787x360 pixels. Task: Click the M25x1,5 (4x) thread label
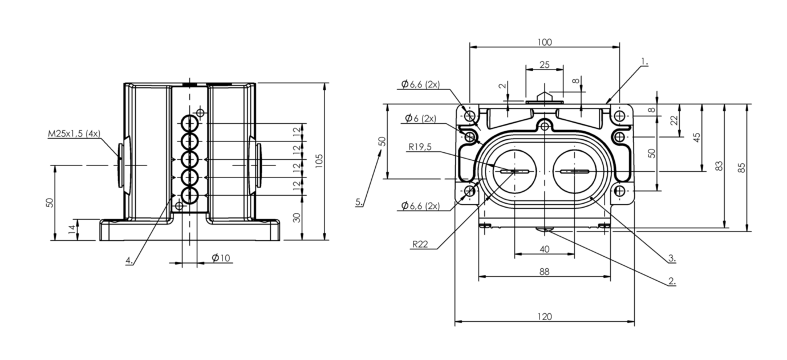click(x=74, y=134)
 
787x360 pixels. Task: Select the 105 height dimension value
click(x=319, y=161)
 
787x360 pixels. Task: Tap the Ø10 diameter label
click(x=221, y=258)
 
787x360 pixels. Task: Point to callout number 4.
click(x=129, y=261)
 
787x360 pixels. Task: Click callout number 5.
click(x=359, y=202)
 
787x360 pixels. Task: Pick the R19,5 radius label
click(x=420, y=147)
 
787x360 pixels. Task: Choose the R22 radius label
click(x=420, y=244)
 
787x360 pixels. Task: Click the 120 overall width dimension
click(x=545, y=317)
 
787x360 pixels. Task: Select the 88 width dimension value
click(x=544, y=272)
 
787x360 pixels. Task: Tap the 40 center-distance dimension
click(x=544, y=249)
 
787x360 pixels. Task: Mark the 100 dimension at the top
click(x=545, y=42)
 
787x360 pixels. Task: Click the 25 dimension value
click(x=544, y=64)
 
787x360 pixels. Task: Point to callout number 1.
click(x=644, y=62)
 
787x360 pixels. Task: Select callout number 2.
click(x=672, y=281)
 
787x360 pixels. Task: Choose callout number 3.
click(x=672, y=258)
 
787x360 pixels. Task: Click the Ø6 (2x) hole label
click(x=420, y=119)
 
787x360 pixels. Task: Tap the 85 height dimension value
click(x=741, y=168)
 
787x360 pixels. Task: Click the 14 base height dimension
click(x=72, y=229)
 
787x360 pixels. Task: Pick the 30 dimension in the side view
click(x=297, y=218)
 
